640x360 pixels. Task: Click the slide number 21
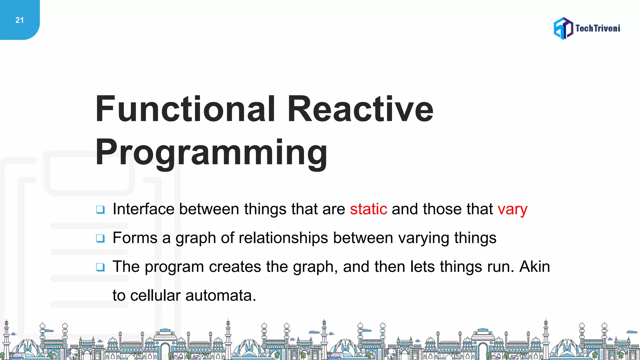click(19, 20)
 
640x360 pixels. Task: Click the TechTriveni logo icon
click(563, 28)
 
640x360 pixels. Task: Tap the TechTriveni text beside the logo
click(597, 28)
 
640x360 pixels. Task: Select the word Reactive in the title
click(360, 109)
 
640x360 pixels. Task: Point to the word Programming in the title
click(211, 152)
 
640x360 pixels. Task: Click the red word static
click(368, 209)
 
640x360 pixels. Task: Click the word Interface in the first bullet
click(143, 209)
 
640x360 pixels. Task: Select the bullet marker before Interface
click(100, 210)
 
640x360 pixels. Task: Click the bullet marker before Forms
click(100, 238)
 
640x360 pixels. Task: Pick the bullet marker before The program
click(100, 267)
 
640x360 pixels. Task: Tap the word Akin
click(534, 267)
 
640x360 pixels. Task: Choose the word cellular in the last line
click(155, 296)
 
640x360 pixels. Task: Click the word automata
click(221, 296)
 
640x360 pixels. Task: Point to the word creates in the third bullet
click(235, 267)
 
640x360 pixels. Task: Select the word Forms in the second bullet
click(135, 238)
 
